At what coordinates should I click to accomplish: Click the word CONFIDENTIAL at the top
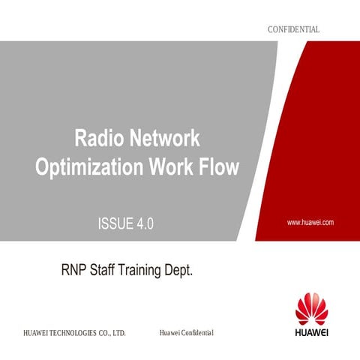[293, 29]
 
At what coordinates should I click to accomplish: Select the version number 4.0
[145, 223]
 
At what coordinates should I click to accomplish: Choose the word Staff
[108, 269]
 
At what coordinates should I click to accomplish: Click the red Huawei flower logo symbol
[311, 310]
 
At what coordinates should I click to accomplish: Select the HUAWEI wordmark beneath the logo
[311, 331]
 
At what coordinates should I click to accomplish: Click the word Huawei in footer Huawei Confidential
[172, 331]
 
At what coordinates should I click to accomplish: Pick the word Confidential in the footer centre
[199, 331]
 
